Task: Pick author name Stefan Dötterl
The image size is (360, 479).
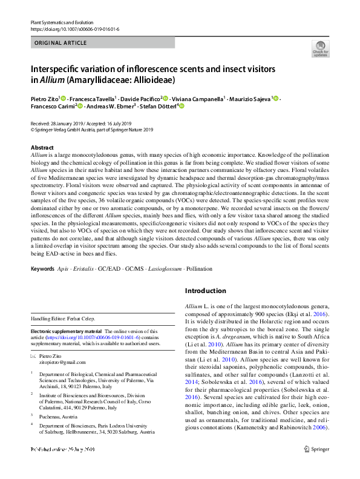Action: (157, 107)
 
